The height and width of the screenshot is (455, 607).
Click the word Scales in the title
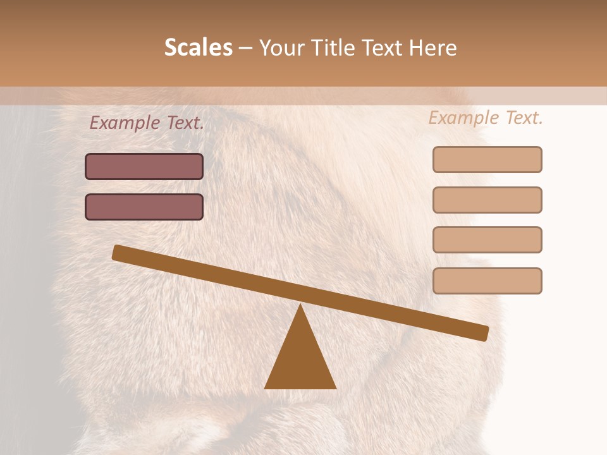pyautogui.click(x=198, y=47)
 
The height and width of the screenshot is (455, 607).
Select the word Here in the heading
pyautogui.click(x=433, y=47)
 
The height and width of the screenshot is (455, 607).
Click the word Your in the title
pyautogui.click(x=282, y=47)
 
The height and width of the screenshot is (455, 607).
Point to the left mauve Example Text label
pyautogui.click(x=147, y=123)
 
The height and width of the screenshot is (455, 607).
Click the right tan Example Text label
pyautogui.click(x=486, y=118)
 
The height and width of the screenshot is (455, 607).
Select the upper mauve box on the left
pyautogui.click(x=144, y=166)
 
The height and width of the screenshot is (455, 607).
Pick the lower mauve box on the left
pyautogui.click(x=144, y=207)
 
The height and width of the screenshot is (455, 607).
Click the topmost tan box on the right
pyautogui.click(x=487, y=159)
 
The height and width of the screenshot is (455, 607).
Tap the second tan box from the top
pyautogui.click(x=487, y=200)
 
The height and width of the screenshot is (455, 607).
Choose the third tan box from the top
pyautogui.click(x=487, y=240)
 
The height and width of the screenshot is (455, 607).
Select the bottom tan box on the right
pyautogui.click(x=487, y=281)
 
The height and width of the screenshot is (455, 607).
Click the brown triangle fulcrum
pyautogui.click(x=300, y=360)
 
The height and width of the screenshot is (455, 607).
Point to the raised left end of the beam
pyautogui.click(x=118, y=253)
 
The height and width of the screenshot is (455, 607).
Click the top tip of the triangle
pyautogui.click(x=300, y=306)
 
